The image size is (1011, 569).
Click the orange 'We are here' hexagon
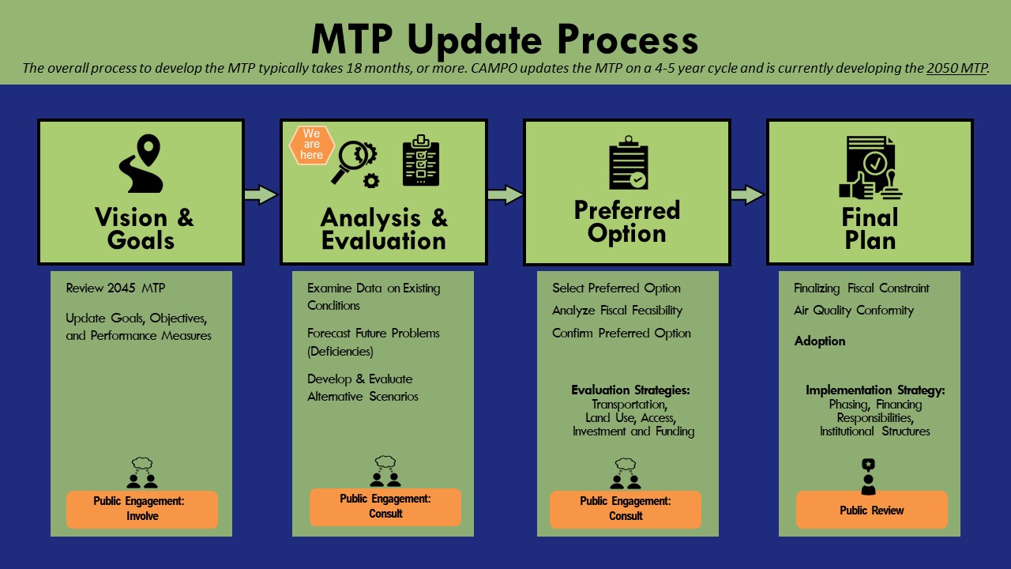tap(311, 145)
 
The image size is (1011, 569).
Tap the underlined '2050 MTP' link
tap(957, 68)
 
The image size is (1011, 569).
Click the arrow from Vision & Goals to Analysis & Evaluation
tap(261, 194)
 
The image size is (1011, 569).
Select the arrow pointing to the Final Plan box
tap(747, 194)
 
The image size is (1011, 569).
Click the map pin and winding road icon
tap(141, 164)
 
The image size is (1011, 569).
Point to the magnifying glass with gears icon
tap(355, 164)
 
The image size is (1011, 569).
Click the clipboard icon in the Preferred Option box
tap(628, 163)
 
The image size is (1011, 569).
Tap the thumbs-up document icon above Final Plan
tap(870, 168)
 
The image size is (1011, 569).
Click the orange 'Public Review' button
tap(871, 510)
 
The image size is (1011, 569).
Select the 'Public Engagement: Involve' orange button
tap(141, 509)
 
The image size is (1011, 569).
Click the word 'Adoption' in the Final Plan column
tap(820, 341)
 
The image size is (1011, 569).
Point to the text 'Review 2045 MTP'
tap(115, 288)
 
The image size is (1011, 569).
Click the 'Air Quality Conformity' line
tap(854, 311)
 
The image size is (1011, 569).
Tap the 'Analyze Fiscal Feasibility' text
tap(617, 311)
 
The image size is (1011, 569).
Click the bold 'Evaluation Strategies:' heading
tap(630, 390)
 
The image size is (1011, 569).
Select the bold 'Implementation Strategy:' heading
tap(875, 390)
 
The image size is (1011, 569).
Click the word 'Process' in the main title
tap(628, 40)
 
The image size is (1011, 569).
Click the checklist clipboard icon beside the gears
tap(421, 160)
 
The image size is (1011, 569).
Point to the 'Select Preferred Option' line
tap(616, 288)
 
